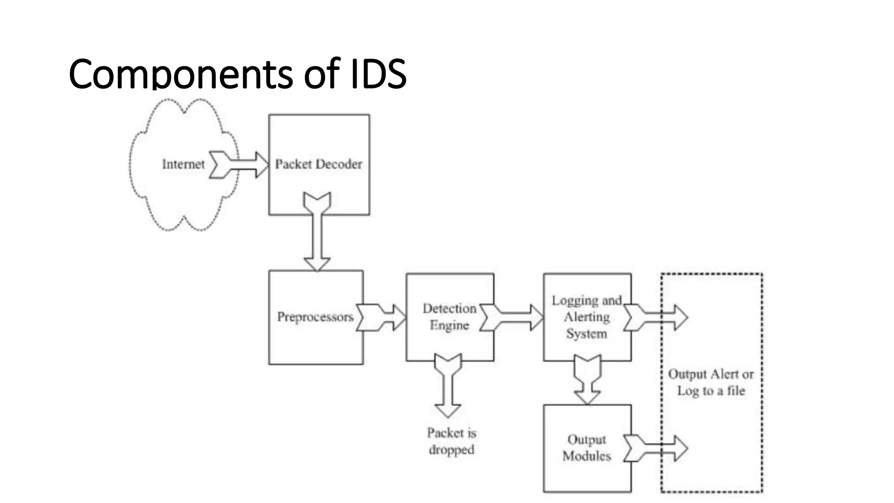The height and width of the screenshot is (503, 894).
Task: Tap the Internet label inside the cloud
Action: pos(183,164)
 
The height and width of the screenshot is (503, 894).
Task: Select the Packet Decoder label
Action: pos(319,164)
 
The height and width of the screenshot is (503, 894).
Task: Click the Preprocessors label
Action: pos(315,317)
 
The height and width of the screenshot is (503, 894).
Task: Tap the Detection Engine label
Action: pos(449,317)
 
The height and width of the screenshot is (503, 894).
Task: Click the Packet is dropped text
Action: pos(451,441)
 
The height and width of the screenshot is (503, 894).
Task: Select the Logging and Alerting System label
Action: pos(586,317)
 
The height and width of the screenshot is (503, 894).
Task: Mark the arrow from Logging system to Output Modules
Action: pos(587,380)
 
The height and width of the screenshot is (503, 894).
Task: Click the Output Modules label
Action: pos(586,448)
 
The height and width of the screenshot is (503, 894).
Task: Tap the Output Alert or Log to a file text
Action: pos(711,382)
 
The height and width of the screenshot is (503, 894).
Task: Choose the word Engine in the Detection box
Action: pos(449,325)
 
